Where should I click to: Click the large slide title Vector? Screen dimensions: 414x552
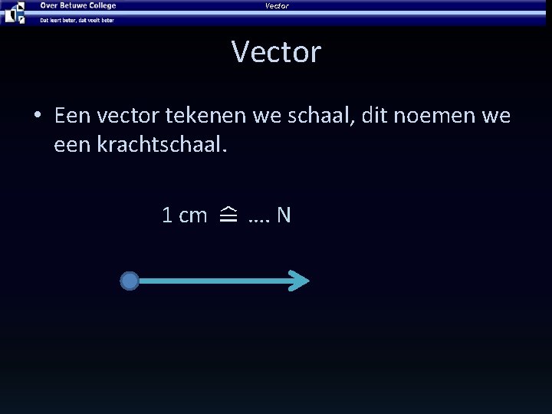[276, 52]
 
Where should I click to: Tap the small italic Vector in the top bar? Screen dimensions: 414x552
[277, 6]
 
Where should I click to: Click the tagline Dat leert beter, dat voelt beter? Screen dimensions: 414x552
[77, 20]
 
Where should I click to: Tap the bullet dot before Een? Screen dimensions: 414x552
[36, 117]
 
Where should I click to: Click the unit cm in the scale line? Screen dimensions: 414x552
[193, 216]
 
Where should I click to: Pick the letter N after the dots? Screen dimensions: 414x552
[284, 215]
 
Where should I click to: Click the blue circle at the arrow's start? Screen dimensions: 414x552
[130, 281]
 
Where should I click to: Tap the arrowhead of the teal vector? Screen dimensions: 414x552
[301, 281]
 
